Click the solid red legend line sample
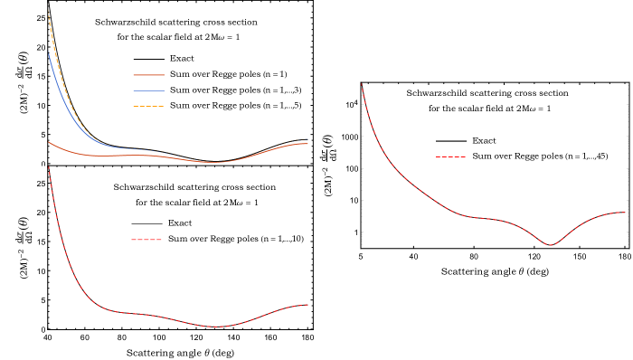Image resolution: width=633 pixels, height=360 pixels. click(x=148, y=75)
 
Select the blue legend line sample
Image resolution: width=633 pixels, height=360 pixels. click(x=148, y=90)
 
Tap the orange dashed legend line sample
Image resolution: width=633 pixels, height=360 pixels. click(x=148, y=107)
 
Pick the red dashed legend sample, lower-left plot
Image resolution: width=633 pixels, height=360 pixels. click(x=146, y=240)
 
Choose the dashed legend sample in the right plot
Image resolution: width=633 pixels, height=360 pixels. click(x=450, y=157)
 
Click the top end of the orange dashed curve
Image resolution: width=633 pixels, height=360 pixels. click(x=48, y=11)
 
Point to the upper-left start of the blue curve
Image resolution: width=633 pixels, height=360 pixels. click(x=48, y=53)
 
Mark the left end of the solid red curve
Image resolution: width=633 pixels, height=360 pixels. click(x=48, y=141)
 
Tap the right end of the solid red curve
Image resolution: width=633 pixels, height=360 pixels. click(x=308, y=144)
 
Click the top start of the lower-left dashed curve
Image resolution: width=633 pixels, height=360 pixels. click(x=49, y=166)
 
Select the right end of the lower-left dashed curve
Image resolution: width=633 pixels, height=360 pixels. click(x=308, y=305)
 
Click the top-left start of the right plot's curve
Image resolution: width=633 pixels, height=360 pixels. click(x=362, y=84)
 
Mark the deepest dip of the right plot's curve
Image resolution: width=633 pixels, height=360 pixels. click(x=551, y=245)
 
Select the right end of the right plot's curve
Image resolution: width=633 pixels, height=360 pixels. click(x=625, y=213)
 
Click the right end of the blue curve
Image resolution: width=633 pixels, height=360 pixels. click(x=308, y=139)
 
